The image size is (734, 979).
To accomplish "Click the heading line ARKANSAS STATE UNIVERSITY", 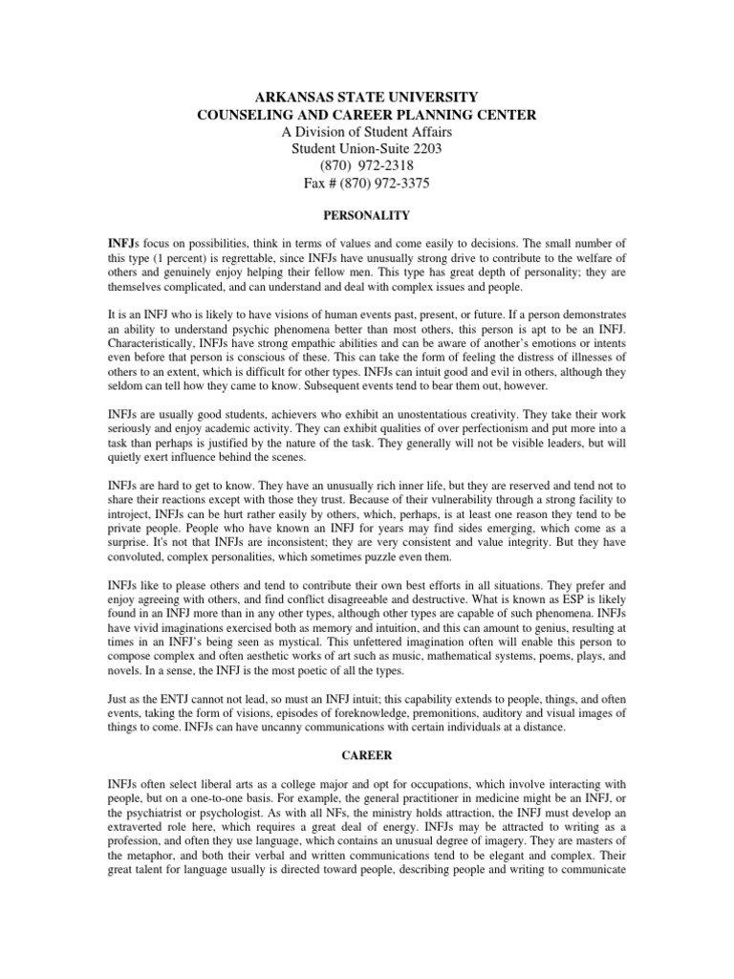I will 366,97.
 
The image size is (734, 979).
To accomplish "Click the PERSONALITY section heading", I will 366,217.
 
